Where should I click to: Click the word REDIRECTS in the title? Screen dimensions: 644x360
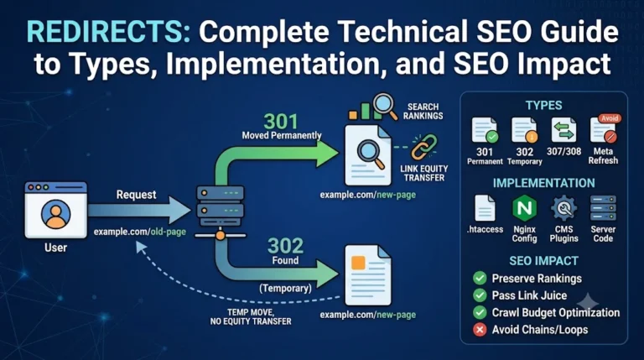click(x=108, y=32)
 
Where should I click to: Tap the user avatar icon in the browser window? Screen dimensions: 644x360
click(x=56, y=214)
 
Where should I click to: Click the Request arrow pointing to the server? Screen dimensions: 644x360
click(x=139, y=210)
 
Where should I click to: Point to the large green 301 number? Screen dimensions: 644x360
click(x=281, y=121)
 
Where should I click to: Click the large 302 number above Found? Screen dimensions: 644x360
click(x=285, y=246)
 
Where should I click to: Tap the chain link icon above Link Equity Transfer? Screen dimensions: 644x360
click(x=424, y=147)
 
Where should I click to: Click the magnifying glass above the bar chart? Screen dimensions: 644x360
click(x=384, y=106)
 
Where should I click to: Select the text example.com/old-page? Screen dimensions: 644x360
click(x=140, y=232)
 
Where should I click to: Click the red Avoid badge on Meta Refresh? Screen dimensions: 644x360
click(x=610, y=118)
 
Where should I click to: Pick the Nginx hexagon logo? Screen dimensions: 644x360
click(x=524, y=208)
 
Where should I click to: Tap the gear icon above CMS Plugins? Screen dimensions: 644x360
click(x=563, y=208)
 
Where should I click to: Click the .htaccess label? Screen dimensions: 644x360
click(x=485, y=229)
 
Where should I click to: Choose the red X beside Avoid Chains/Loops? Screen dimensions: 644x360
click(x=480, y=330)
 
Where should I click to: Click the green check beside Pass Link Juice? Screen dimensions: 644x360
click(x=480, y=295)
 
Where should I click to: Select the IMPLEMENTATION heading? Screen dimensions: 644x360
click(x=543, y=183)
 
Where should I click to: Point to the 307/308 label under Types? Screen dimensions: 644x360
click(x=563, y=151)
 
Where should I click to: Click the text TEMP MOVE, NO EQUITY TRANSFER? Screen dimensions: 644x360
click(x=251, y=317)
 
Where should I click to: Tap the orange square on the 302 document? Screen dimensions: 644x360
click(x=358, y=263)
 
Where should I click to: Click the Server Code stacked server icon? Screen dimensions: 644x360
click(x=603, y=208)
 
